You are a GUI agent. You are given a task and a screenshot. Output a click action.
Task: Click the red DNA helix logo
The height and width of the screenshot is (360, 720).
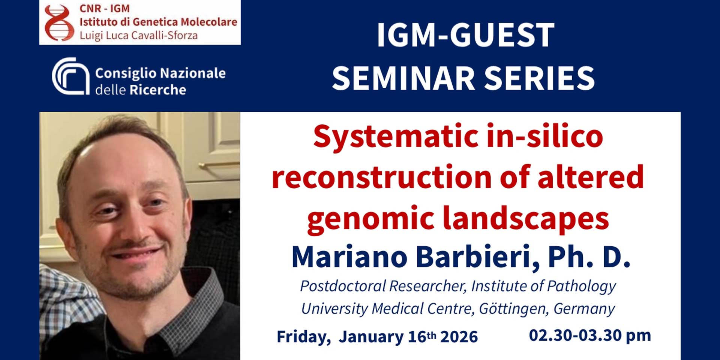(59, 22)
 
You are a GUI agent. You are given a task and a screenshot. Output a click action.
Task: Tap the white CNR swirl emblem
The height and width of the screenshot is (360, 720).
(70, 76)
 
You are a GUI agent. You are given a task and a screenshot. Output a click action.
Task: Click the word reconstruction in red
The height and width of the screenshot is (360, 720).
(382, 177)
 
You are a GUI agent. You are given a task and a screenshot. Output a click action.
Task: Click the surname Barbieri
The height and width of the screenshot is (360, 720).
(478, 257)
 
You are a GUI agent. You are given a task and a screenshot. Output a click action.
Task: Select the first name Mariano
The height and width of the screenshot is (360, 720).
(349, 257)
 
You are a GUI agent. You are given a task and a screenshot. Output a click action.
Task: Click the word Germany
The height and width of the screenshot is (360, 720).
(584, 309)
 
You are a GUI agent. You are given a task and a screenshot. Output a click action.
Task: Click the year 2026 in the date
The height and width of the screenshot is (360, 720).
(459, 337)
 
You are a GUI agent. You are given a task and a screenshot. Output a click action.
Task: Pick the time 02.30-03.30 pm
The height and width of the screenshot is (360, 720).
(590, 335)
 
